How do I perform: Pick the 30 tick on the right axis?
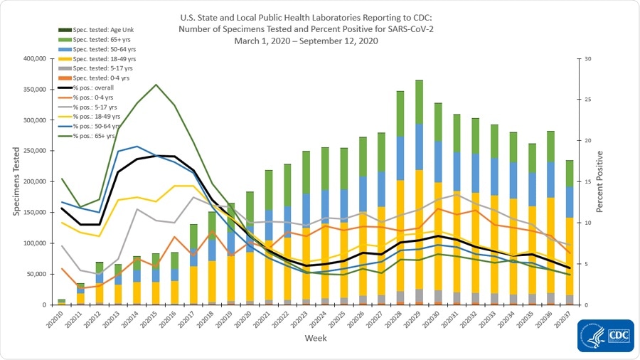(587, 58)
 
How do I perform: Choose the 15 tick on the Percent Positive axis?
(587, 181)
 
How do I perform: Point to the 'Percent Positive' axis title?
(602, 181)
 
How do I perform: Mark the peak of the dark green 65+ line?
(156, 84)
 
